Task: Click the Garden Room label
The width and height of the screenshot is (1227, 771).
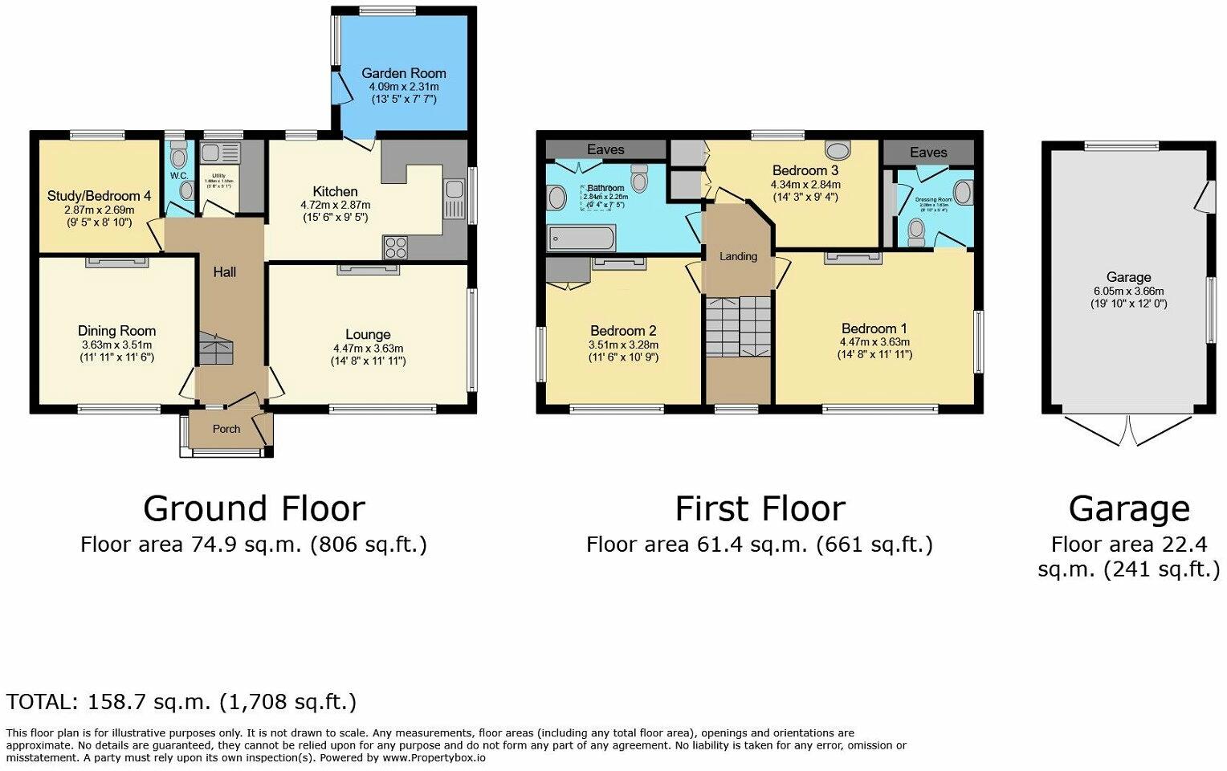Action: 403,73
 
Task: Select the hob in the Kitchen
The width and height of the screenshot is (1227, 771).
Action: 394,247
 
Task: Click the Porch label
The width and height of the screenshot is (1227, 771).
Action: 226,429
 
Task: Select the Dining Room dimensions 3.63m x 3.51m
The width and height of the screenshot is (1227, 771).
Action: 116,345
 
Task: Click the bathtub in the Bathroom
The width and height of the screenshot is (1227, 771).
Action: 581,239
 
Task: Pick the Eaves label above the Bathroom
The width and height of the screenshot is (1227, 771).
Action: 605,149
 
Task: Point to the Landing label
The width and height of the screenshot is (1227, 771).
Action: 738,256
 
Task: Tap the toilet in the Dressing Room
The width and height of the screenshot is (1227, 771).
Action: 915,232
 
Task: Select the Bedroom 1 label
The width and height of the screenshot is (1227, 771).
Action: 874,328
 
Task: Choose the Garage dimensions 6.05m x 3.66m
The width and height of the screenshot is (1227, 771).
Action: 1128,291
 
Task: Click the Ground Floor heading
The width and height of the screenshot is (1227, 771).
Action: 254,508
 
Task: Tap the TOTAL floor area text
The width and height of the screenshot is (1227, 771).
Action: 181,702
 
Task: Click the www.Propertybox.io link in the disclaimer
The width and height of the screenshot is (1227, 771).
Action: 434,757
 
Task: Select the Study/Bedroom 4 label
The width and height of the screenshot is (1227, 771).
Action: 99,196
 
